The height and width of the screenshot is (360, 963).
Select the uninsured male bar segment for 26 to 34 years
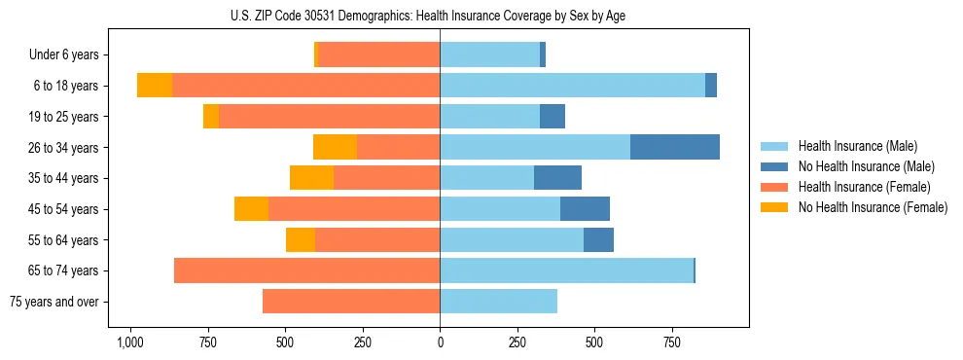tap(675, 147)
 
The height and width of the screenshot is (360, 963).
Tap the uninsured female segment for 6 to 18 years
tap(155, 86)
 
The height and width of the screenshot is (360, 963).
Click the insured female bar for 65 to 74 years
tap(306, 270)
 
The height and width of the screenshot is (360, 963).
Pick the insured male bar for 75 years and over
tap(498, 302)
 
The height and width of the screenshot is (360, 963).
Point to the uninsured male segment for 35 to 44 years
tap(557, 178)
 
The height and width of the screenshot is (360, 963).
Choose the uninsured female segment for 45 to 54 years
tap(251, 209)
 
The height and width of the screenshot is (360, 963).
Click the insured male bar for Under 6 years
tap(489, 54)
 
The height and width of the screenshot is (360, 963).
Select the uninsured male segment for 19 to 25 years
tap(553, 117)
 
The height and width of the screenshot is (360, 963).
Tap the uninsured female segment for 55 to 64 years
tap(301, 239)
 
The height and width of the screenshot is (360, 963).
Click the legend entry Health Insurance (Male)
tap(858, 146)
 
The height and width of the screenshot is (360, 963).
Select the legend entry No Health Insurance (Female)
tap(873, 207)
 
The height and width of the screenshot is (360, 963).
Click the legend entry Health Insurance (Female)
tap(864, 187)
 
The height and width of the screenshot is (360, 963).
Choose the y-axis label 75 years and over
tap(54, 302)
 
